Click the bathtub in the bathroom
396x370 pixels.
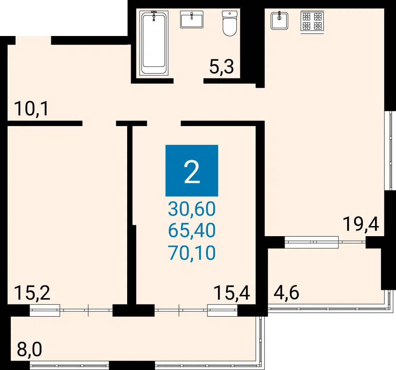pyautogui.click(x=154, y=43)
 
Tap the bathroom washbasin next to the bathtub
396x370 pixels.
pyautogui.click(x=192, y=19)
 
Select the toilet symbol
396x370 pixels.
pyautogui.click(x=230, y=23)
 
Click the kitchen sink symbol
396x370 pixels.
pyautogui.click(x=279, y=21)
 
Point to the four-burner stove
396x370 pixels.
pyautogui.click(x=312, y=21)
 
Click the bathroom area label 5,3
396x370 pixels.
pyautogui.click(x=222, y=67)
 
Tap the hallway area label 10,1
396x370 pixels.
pyautogui.click(x=31, y=109)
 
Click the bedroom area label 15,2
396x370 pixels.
pyautogui.click(x=32, y=293)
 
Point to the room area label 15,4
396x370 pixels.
pyautogui.click(x=232, y=293)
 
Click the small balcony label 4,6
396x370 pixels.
pyautogui.click(x=286, y=293)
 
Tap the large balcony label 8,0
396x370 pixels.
pyautogui.click(x=29, y=349)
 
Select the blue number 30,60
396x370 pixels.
pyautogui.click(x=192, y=209)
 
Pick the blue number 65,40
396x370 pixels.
pyautogui.click(x=192, y=230)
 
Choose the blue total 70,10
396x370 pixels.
pyautogui.click(x=192, y=253)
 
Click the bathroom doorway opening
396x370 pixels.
pyautogui.click(x=189, y=81)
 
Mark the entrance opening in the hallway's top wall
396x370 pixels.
pyautogui.click(x=34, y=40)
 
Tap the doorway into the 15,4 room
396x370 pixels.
pyautogui.click(x=164, y=123)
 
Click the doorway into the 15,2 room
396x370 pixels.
pyautogui.click(x=99, y=123)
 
